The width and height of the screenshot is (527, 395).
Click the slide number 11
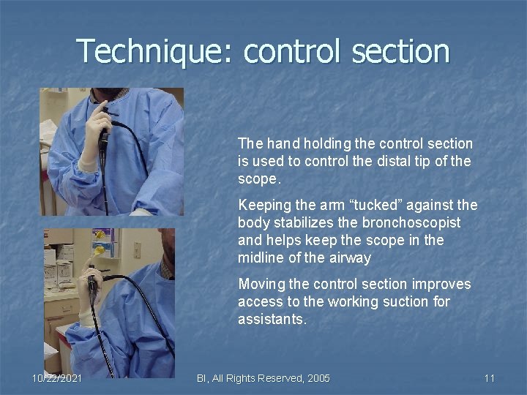pos(490,378)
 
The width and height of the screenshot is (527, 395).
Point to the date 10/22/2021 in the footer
pos(57,378)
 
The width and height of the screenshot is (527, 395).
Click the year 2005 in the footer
pos(317,378)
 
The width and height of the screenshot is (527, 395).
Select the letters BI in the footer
pos(203,378)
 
